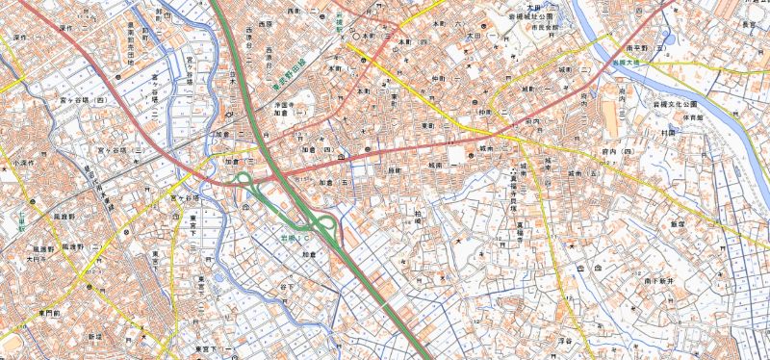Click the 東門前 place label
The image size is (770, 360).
(46, 314)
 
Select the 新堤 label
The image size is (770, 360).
(93, 337)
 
